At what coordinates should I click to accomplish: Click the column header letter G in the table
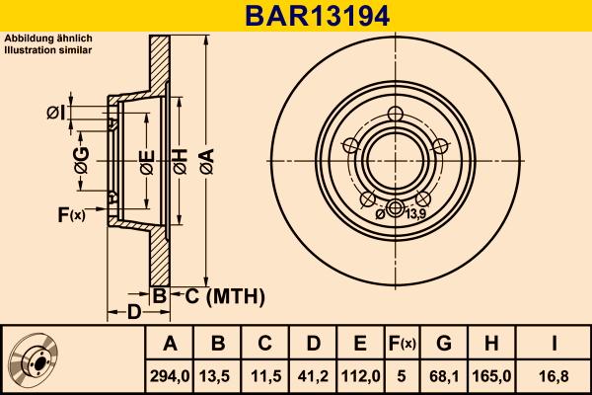[x=445, y=343]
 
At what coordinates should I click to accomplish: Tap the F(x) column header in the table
[x=403, y=343]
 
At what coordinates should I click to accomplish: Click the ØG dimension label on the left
[x=82, y=161]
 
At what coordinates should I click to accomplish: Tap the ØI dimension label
[x=55, y=113]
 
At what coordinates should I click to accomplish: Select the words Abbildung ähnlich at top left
[x=48, y=38]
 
